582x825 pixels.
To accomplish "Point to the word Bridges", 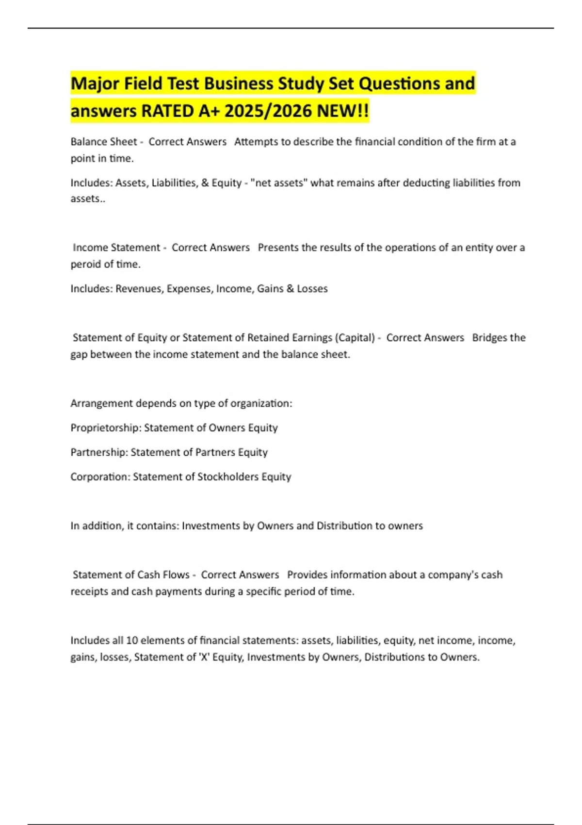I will (490, 338).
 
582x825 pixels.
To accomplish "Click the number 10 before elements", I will (132, 641).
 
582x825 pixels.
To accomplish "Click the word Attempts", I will (256, 142).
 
